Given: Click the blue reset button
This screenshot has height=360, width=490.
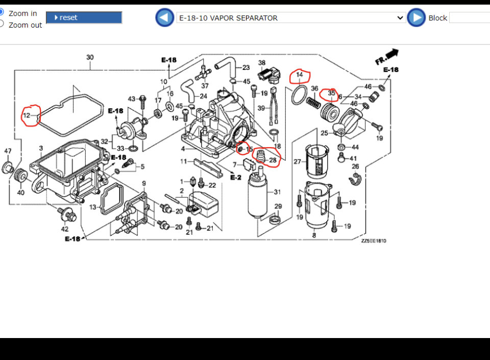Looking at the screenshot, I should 84,18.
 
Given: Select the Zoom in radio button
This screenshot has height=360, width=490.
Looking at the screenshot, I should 2,12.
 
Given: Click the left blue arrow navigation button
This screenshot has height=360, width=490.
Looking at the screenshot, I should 164,18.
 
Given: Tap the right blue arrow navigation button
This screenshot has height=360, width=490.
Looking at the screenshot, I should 416,18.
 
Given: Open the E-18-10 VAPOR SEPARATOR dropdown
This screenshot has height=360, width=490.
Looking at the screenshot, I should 291,18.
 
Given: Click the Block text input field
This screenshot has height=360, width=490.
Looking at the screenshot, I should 469,18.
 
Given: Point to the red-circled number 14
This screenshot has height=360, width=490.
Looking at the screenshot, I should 300,75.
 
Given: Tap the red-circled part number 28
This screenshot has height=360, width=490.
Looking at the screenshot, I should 273,160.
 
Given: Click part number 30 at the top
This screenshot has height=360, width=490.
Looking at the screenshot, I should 90,57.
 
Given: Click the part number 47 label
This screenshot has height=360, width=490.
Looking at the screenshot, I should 8,151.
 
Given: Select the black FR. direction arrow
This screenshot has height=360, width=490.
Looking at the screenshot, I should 387,56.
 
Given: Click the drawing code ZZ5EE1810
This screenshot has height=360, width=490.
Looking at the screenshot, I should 374,241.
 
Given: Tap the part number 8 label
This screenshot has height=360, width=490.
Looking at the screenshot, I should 314,235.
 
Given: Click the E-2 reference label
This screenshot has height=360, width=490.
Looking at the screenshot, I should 235,177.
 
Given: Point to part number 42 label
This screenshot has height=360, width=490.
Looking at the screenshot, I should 64,229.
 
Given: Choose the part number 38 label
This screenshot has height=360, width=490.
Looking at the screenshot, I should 262,63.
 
